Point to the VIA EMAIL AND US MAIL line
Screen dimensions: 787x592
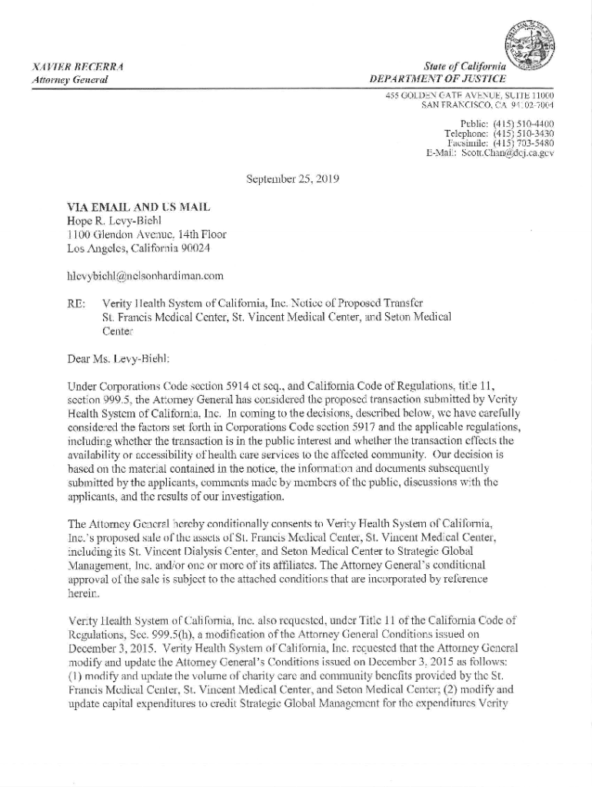(138, 207)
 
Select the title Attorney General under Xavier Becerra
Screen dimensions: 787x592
(68, 80)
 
